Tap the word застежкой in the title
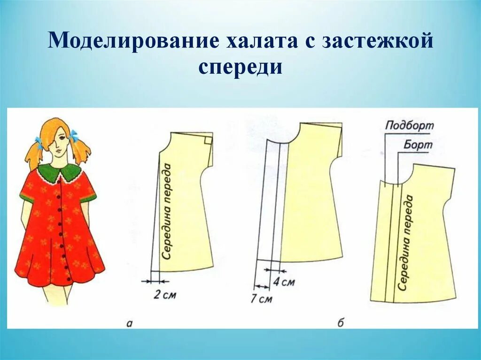379,41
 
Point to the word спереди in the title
240,67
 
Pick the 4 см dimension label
284,282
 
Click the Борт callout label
417,145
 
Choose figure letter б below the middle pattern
341,322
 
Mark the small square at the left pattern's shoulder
208,139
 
